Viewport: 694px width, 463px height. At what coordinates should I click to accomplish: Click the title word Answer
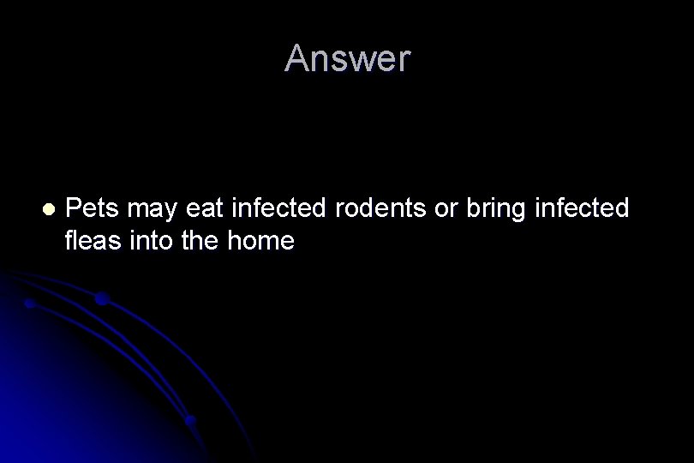pos(348,58)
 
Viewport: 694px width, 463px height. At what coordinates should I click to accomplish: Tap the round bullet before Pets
pos(48,208)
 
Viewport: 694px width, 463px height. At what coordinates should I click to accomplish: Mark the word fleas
pos(93,242)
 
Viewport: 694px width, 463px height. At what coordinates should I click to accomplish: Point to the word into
pos(149,242)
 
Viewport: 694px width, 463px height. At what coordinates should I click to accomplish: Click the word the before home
pos(197,242)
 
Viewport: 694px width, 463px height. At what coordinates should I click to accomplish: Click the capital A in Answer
pos(296,58)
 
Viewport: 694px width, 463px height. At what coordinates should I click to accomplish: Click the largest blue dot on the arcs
pos(101,299)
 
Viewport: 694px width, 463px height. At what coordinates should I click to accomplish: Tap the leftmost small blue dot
pos(30,303)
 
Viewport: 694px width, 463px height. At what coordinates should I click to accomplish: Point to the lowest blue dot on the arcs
pos(190,420)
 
